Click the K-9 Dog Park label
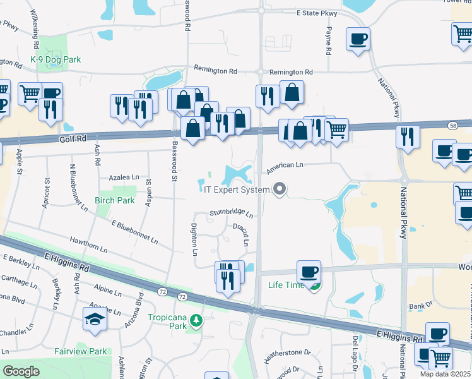tap(56, 60)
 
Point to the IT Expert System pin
tap(279, 189)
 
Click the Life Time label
tap(286, 286)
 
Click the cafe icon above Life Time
tap(308, 272)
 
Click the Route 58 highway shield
tap(453, 126)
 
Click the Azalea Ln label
tap(123, 178)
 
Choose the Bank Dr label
tap(419, 306)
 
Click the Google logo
tap(21, 371)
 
